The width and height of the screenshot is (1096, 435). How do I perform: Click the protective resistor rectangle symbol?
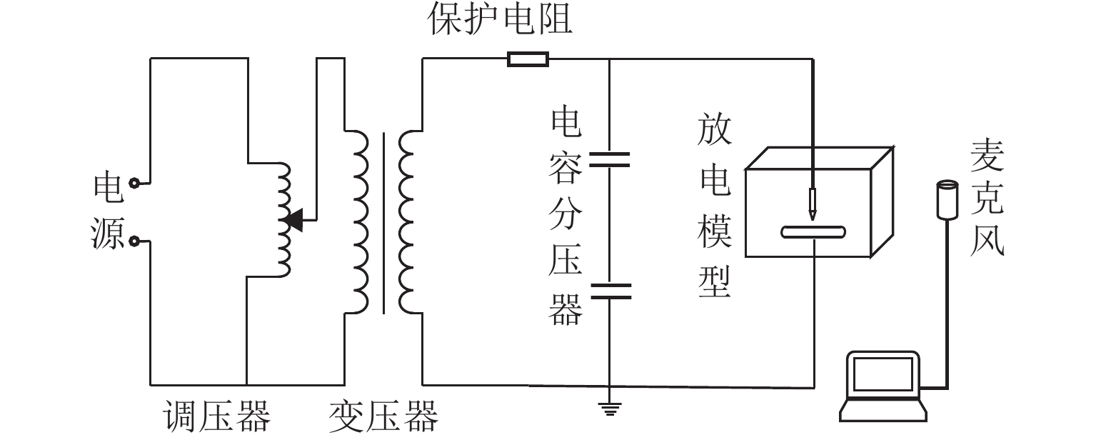tap(528, 59)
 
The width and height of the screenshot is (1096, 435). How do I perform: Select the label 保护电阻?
tap(500, 19)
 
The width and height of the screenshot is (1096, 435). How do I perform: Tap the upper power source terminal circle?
tap(134, 184)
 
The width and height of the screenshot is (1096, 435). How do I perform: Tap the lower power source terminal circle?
tap(134, 242)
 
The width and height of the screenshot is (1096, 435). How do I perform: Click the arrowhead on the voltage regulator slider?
tap(294, 221)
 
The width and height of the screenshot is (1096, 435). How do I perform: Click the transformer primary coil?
tap(357, 221)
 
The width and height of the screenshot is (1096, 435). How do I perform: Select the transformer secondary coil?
tap(411, 221)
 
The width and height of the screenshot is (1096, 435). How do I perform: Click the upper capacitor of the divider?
tap(609, 159)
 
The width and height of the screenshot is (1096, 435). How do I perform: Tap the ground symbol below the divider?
tap(609, 409)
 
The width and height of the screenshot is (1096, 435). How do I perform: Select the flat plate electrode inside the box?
tap(813, 231)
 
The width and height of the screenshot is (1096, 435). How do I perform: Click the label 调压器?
tap(217, 416)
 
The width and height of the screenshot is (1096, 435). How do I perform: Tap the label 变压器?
tap(383, 416)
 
